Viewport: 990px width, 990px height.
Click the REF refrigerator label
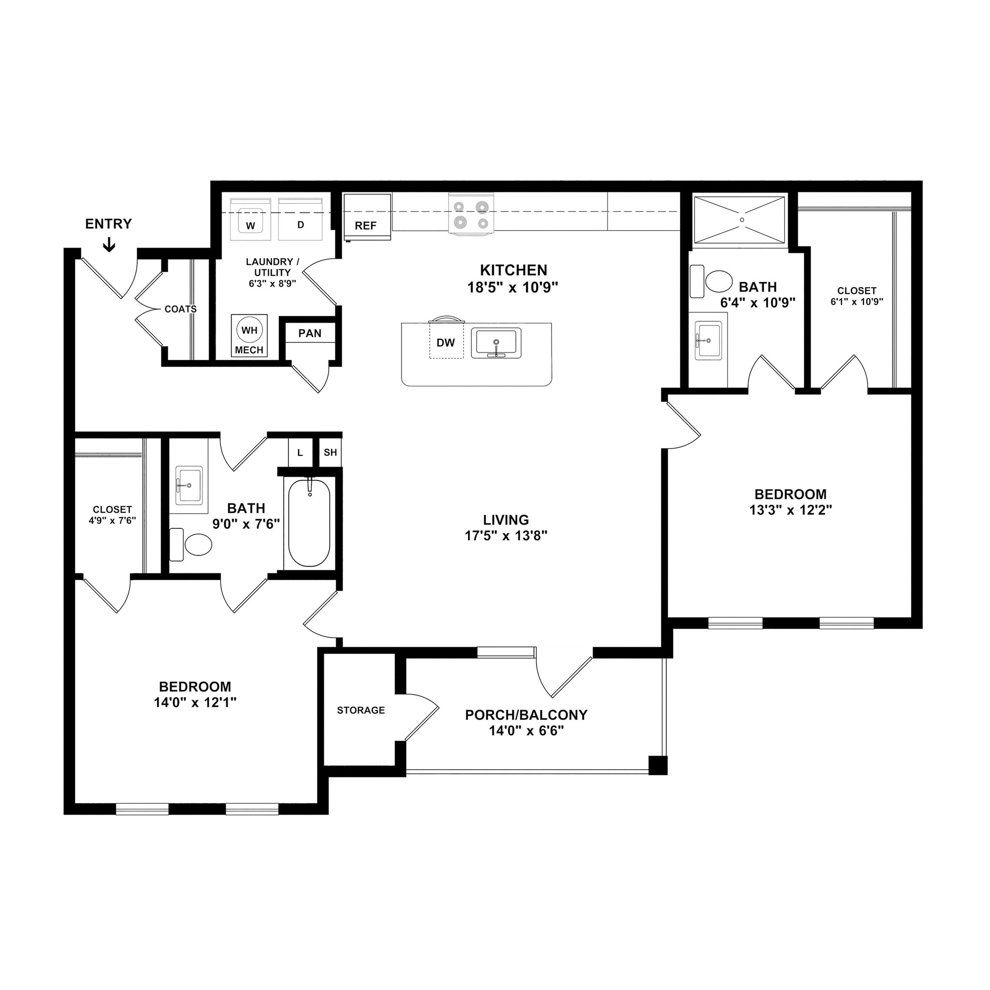(x=365, y=226)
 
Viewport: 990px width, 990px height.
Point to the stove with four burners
(x=471, y=214)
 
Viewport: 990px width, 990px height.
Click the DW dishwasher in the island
(x=446, y=342)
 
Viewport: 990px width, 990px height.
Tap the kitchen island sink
(x=496, y=342)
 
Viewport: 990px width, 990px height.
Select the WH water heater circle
(x=249, y=330)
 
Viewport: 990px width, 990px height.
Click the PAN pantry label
(x=310, y=334)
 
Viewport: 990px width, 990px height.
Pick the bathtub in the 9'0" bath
(x=309, y=523)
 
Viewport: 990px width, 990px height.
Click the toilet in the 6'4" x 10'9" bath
(x=718, y=281)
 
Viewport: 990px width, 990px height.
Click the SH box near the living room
(x=331, y=452)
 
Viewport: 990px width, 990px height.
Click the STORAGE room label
(x=361, y=710)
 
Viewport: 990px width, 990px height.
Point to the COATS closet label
(x=180, y=309)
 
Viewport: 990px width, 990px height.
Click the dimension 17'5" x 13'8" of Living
(x=506, y=536)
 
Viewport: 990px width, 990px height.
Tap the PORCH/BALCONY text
(x=526, y=715)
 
